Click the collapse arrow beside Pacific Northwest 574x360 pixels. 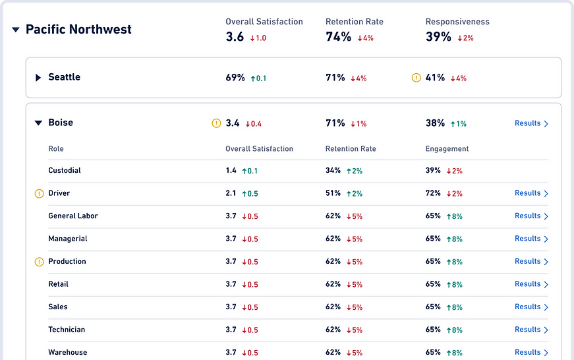click(x=16, y=30)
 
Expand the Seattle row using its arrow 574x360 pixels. click(x=38, y=78)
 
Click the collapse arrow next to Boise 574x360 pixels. click(x=38, y=123)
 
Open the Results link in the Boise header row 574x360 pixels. click(x=531, y=123)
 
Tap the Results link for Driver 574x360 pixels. click(x=531, y=193)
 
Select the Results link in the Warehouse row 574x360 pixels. click(x=531, y=352)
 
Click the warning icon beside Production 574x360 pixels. click(x=39, y=262)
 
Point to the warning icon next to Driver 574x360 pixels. click(x=39, y=194)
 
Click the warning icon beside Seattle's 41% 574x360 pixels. click(x=416, y=78)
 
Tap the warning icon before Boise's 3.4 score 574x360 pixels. click(x=216, y=123)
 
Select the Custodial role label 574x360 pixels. click(x=65, y=171)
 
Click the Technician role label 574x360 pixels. click(x=67, y=330)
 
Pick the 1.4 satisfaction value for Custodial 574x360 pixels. click(x=231, y=171)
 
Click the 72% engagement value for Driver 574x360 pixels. click(x=433, y=193)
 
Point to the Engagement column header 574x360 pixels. click(x=447, y=149)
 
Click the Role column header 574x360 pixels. click(x=56, y=149)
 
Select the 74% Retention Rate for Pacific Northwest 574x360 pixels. click(x=338, y=37)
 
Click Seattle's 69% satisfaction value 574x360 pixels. click(x=235, y=78)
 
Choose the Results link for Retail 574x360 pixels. click(x=531, y=284)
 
